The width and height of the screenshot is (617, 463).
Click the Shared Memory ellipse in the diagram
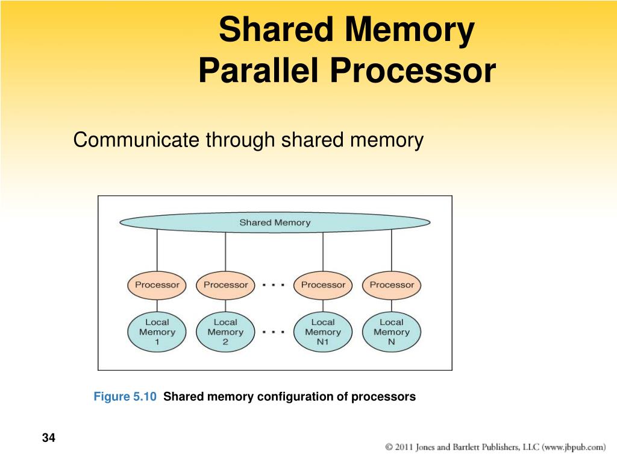(275, 222)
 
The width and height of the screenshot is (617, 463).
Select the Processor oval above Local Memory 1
(157, 285)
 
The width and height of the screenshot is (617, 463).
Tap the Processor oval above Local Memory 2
(225, 285)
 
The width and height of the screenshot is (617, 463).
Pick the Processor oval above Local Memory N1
(323, 285)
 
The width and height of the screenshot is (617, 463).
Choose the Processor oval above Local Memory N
(392, 285)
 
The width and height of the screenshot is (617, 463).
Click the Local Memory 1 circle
(157, 332)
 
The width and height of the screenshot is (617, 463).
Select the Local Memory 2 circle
(225, 332)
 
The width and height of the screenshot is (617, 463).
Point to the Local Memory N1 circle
(323, 332)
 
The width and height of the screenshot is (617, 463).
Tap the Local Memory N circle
(392, 332)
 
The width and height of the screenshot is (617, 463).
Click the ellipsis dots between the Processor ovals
(274, 285)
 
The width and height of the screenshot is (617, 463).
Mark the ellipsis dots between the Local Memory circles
(274, 332)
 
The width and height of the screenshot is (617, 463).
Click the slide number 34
(49, 438)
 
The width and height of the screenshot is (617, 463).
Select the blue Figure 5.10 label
(125, 397)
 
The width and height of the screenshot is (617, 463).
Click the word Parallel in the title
(258, 71)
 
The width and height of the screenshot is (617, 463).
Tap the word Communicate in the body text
(136, 140)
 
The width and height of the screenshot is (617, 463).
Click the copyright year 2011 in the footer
(404, 447)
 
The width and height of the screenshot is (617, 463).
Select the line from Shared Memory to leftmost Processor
(157, 250)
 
